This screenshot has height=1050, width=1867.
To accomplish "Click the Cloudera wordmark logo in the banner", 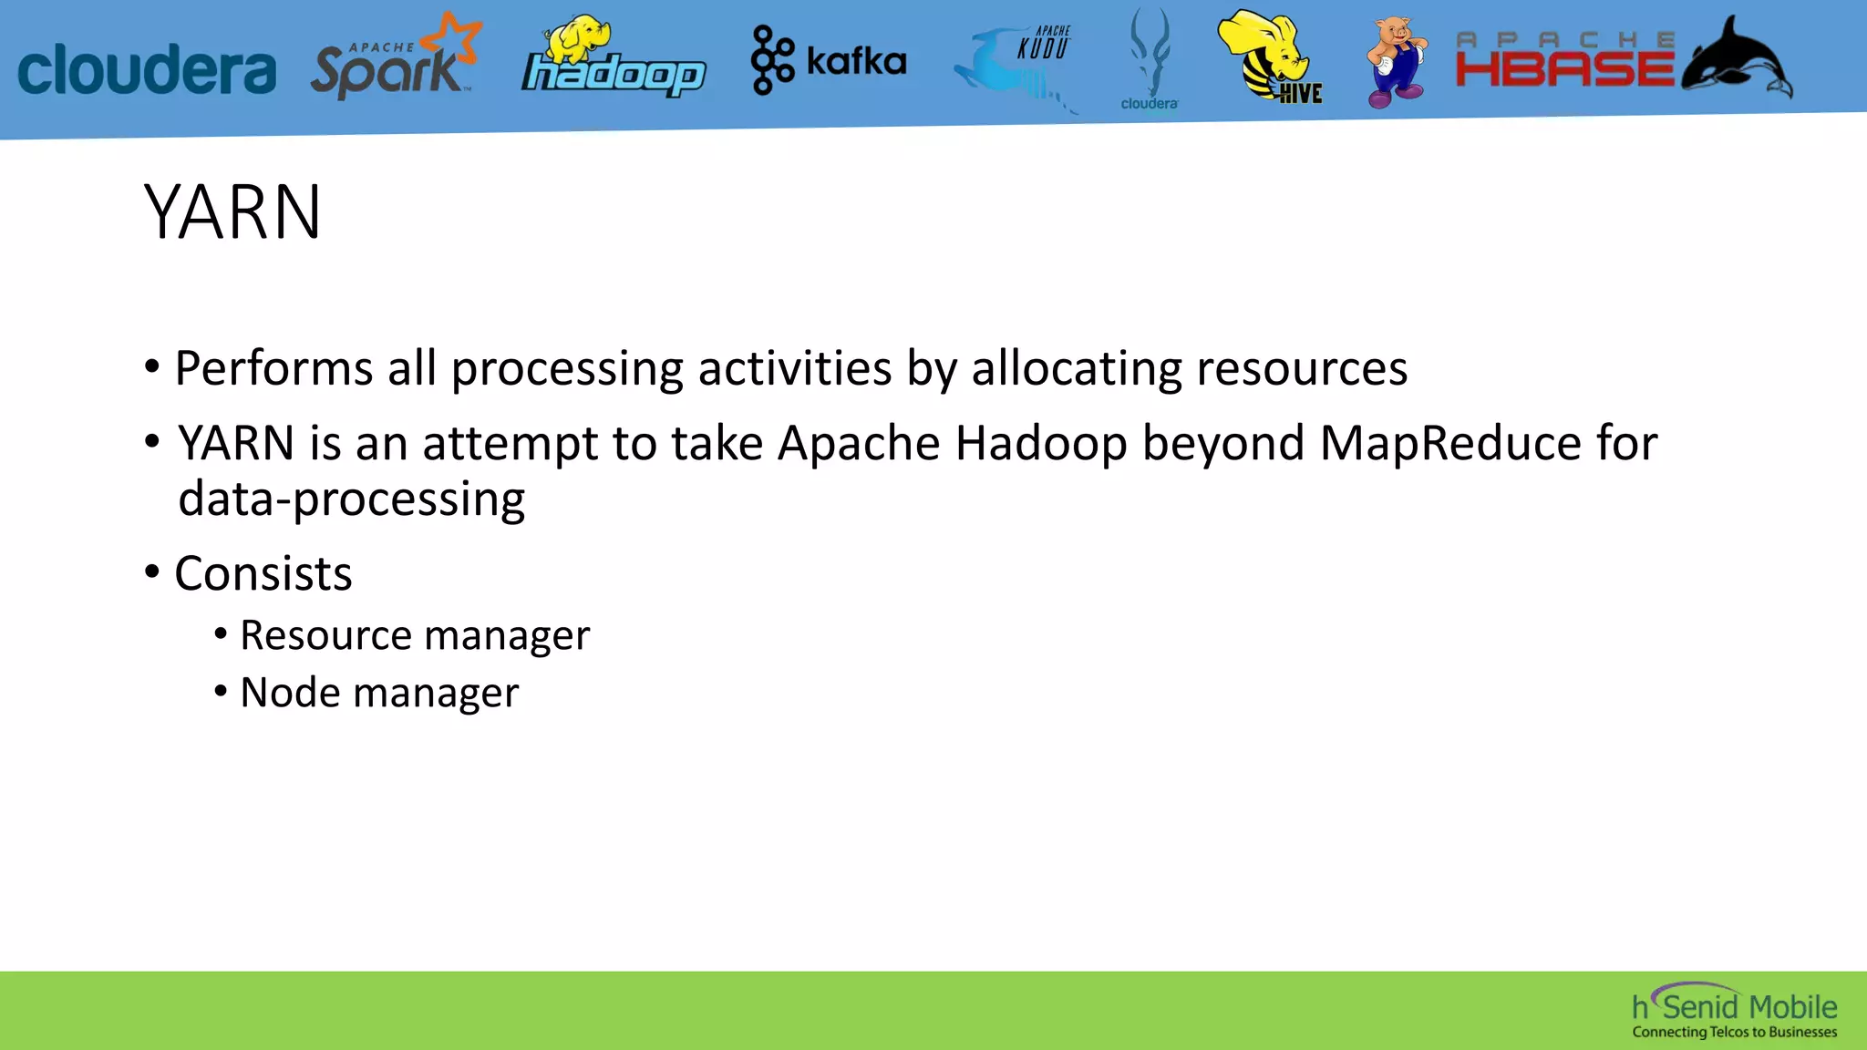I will pyautogui.click(x=146, y=68).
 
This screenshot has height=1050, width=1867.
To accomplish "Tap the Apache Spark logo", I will pyautogui.click(x=394, y=60).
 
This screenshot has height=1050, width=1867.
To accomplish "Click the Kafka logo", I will pyautogui.click(x=828, y=61).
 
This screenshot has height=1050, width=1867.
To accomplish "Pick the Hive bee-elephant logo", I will pyautogui.click(x=1271, y=57).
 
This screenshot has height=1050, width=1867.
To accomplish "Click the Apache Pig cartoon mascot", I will pyautogui.click(x=1396, y=61).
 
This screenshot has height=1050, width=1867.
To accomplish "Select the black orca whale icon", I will pyautogui.click(x=1736, y=59).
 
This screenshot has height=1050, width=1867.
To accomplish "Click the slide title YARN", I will pyautogui.click(x=232, y=212).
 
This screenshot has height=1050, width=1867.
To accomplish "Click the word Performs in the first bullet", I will pyautogui.click(x=273, y=369).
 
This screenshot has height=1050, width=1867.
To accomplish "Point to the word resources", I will pyautogui.click(x=1301, y=369).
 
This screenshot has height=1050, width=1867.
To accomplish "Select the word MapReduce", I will pyautogui.click(x=1450, y=444).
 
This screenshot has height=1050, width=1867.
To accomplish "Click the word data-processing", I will pyautogui.click(x=351, y=499).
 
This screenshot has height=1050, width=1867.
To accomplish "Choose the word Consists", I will pyautogui.click(x=263, y=574).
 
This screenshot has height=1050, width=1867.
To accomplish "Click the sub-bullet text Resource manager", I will pyautogui.click(x=415, y=635).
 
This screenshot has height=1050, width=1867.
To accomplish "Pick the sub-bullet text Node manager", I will pyautogui.click(x=379, y=693).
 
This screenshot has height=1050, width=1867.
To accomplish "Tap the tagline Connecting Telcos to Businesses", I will pyautogui.click(x=1734, y=1033).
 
